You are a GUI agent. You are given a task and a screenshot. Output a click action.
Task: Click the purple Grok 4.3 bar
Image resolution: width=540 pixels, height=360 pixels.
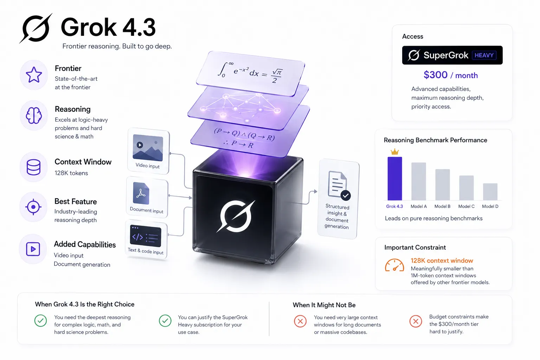395,179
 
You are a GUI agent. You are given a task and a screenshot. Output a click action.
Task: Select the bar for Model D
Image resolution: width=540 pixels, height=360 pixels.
490,192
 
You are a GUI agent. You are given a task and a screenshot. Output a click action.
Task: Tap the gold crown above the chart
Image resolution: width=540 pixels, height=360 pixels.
395,152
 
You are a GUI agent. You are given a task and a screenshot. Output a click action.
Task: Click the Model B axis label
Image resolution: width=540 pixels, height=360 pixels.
442,206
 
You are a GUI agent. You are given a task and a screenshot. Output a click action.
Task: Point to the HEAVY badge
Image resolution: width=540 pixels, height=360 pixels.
484,55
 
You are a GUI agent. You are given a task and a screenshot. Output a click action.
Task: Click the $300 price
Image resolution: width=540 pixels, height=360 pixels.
435,75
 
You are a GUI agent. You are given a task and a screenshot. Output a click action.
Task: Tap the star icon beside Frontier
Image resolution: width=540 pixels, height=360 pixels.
34,75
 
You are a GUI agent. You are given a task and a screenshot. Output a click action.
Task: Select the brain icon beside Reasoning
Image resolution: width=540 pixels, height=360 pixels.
34,115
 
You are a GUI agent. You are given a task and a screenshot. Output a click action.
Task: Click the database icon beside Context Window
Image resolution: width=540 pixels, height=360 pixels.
33,167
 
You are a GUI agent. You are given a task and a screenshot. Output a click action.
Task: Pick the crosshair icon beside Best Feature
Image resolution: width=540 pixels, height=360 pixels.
33,207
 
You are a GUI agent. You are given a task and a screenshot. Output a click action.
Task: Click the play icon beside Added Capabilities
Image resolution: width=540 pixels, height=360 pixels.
33,249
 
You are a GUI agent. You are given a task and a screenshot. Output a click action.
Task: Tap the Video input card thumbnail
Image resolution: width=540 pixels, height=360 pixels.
148,148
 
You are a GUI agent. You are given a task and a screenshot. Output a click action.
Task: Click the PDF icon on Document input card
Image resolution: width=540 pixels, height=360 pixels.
141,193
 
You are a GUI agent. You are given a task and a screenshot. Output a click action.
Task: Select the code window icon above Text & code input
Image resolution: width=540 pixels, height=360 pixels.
145,236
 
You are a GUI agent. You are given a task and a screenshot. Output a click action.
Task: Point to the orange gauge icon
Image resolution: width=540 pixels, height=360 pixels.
394,265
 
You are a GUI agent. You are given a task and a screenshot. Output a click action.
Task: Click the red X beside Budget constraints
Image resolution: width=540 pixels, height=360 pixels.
416,321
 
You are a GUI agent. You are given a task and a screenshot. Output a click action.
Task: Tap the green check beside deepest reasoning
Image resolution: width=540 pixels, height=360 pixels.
40,321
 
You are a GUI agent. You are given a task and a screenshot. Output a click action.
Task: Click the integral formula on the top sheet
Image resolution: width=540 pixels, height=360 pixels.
250,72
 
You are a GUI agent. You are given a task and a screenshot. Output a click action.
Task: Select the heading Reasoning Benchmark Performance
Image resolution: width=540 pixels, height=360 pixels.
435,140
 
